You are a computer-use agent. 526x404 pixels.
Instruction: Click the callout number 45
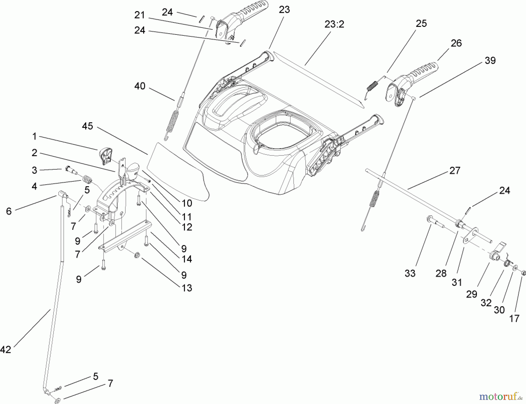click(87, 126)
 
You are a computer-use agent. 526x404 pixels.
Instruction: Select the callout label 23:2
click(334, 25)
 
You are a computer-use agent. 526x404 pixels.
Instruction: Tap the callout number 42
click(6, 349)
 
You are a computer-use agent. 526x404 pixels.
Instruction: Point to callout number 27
click(455, 170)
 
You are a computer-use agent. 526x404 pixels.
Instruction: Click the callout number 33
click(410, 273)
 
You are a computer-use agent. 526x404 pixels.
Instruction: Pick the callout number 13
click(187, 288)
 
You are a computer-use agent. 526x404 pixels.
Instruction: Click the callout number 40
click(140, 86)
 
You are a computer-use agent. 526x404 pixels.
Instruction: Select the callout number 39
click(490, 61)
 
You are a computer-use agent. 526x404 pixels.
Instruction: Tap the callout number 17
click(514, 318)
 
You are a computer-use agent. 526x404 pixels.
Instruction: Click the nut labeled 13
click(136, 256)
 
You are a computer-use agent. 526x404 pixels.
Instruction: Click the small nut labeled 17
click(524, 273)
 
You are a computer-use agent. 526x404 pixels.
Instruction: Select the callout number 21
click(140, 15)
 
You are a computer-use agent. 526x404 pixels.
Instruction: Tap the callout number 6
click(9, 211)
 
